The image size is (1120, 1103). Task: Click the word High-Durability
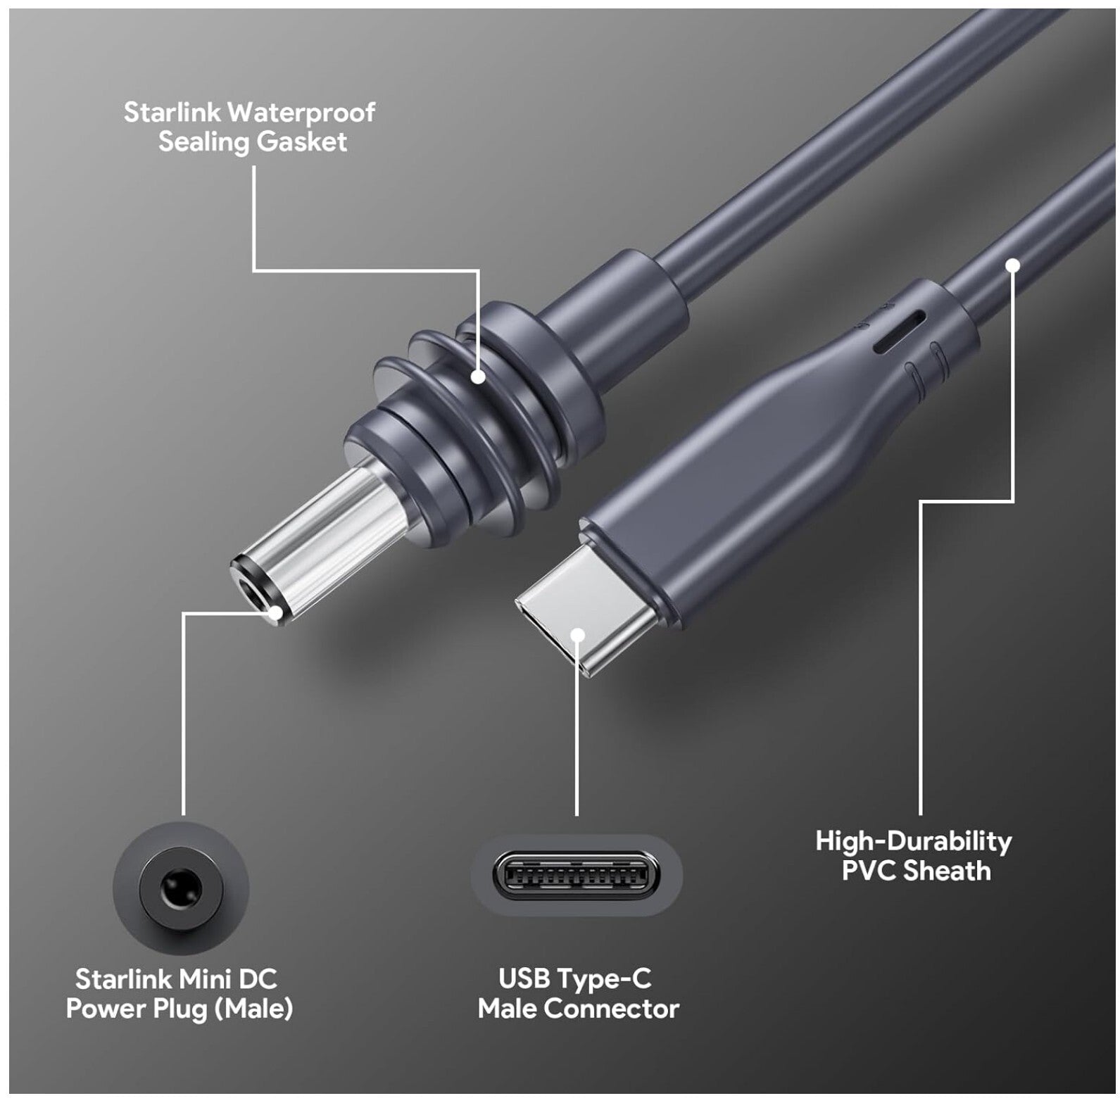pos(914,842)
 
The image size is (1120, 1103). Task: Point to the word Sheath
pos(948,871)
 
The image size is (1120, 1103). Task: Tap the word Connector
pos(612,1009)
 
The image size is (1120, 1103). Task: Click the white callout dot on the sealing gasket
pos(479,377)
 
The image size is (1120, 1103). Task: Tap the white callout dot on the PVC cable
pos(1013,265)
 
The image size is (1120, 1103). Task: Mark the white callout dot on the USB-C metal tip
pos(578,635)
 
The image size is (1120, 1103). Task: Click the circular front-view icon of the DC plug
pos(181,888)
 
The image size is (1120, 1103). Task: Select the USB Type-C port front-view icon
pos(577,876)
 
